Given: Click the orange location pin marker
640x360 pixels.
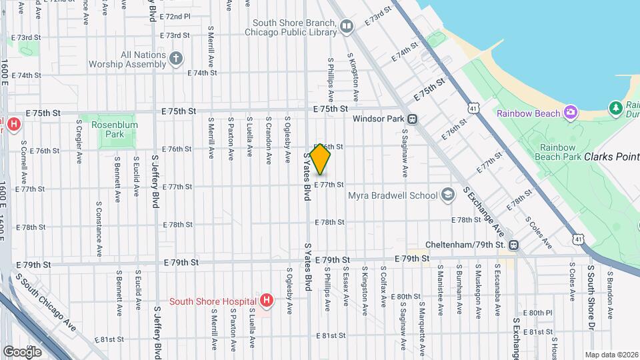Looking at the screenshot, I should pos(320,159).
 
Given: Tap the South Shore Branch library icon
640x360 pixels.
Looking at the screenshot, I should pos(346,26).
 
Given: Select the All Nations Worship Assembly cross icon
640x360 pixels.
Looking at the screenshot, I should pos(175,59).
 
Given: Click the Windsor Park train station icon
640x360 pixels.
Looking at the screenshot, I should pos(413,119).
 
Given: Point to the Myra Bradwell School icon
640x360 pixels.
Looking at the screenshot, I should pos(447,195).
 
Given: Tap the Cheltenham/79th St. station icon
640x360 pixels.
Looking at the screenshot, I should pos(513,245).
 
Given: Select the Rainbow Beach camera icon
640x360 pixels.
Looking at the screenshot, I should pos(570,111).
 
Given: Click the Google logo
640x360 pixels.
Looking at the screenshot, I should pos(22,351).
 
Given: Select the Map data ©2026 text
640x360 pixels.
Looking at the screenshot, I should pos(611,355).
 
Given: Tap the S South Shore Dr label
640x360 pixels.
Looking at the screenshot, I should pos(591,297).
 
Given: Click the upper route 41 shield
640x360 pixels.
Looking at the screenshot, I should pos(472,107).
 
